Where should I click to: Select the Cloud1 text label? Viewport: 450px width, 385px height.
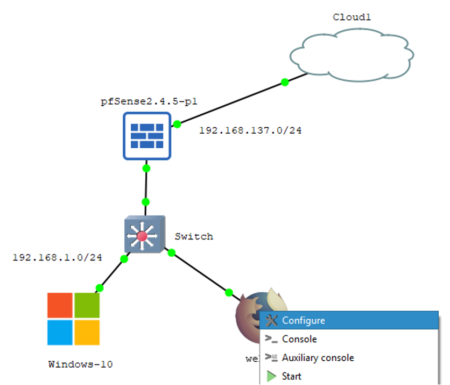tap(351, 17)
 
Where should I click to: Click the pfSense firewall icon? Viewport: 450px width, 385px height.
tap(147, 136)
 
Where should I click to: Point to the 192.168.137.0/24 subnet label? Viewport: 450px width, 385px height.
tap(250, 130)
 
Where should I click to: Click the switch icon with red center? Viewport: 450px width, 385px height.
tap(142, 236)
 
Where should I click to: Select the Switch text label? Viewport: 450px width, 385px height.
tap(193, 236)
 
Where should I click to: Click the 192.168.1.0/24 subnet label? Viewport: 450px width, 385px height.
tap(57, 257)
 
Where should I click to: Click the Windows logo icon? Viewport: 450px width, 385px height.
tap(73, 319)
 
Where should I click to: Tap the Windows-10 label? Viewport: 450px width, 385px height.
tap(80, 364)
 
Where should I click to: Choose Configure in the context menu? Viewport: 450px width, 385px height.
tap(303, 320)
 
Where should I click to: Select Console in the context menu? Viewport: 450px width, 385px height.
tap(299, 339)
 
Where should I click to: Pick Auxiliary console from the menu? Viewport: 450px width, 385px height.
tap(318, 357)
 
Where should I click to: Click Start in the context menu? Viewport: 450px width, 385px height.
tap(291, 376)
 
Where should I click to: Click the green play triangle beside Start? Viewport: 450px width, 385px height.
tap(271, 376)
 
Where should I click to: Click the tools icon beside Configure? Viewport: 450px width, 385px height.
tap(272, 320)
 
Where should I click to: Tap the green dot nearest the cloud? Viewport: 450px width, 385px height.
tap(285, 82)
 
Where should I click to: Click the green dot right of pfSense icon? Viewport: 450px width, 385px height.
tap(177, 124)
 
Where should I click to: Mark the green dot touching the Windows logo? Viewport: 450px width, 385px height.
tap(99, 287)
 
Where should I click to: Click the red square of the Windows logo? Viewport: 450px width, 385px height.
tap(59, 305)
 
